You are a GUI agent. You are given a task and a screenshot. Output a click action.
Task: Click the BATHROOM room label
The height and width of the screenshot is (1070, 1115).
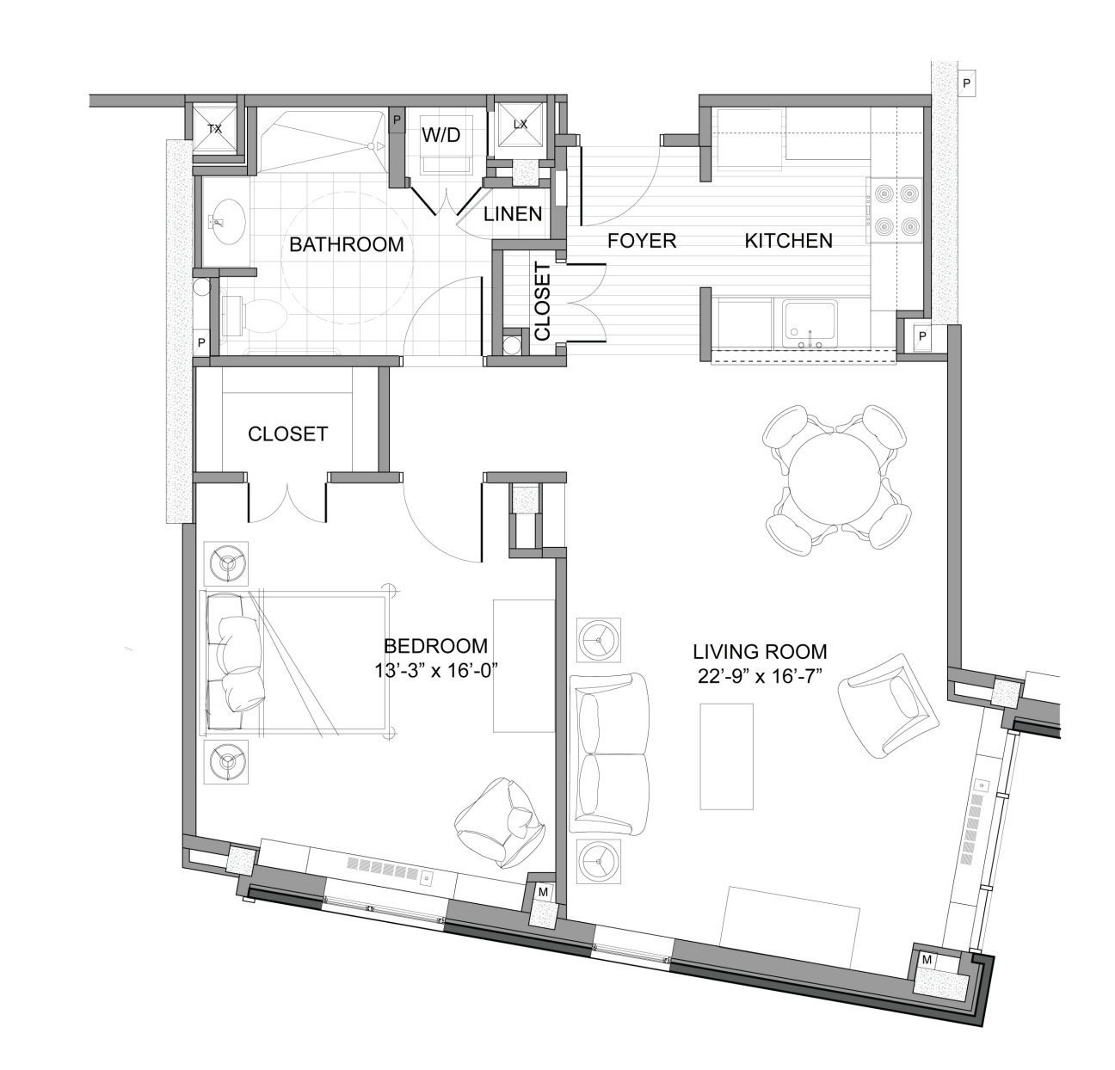click(x=346, y=244)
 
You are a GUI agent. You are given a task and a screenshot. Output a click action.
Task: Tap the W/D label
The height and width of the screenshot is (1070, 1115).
click(x=440, y=136)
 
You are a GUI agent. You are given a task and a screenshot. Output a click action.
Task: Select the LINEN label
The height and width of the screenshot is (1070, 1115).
click(x=513, y=214)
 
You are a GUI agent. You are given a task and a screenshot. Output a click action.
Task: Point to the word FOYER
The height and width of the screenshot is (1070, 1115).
click(x=642, y=241)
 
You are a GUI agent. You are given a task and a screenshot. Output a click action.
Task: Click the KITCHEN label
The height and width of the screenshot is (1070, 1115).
click(x=788, y=241)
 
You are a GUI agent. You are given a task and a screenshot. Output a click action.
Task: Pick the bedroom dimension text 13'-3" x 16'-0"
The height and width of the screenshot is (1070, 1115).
click(x=437, y=672)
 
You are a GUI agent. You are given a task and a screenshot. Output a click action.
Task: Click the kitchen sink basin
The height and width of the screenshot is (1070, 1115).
click(x=810, y=323)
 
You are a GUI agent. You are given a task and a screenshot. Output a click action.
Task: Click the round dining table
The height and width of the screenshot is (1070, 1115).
click(x=836, y=477)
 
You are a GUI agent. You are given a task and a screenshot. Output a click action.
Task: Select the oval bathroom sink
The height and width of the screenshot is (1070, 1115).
click(x=226, y=222)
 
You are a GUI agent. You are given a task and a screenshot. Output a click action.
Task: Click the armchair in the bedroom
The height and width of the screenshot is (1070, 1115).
click(x=498, y=821)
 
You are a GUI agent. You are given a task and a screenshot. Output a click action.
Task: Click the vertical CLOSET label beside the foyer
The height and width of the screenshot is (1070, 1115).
click(x=543, y=301)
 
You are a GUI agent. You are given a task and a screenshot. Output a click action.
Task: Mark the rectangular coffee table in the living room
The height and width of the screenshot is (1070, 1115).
click(x=726, y=756)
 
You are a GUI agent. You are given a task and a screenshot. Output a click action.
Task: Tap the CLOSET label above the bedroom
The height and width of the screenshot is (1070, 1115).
click(x=287, y=434)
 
